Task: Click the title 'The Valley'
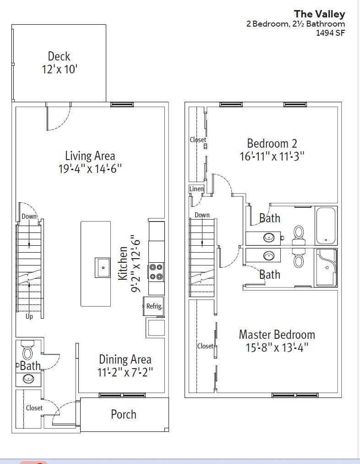(319, 14)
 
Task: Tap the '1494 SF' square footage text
(330, 33)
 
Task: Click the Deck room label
(59, 56)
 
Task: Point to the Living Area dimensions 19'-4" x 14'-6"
(90, 169)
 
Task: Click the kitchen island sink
(103, 267)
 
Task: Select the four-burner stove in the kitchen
(156, 272)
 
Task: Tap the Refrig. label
(154, 306)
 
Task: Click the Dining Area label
(125, 359)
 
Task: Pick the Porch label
(124, 414)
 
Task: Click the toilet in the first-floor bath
(28, 350)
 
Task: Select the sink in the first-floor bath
(28, 378)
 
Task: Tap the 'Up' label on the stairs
(29, 316)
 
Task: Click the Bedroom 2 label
(272, 144)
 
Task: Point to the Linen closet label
(196, 189)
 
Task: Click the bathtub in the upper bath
(326, 226)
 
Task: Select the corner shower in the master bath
(326, 268)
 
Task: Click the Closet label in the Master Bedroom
(205, 346)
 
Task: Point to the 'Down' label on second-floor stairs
(202, 215)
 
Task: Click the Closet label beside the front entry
(34, 408)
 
